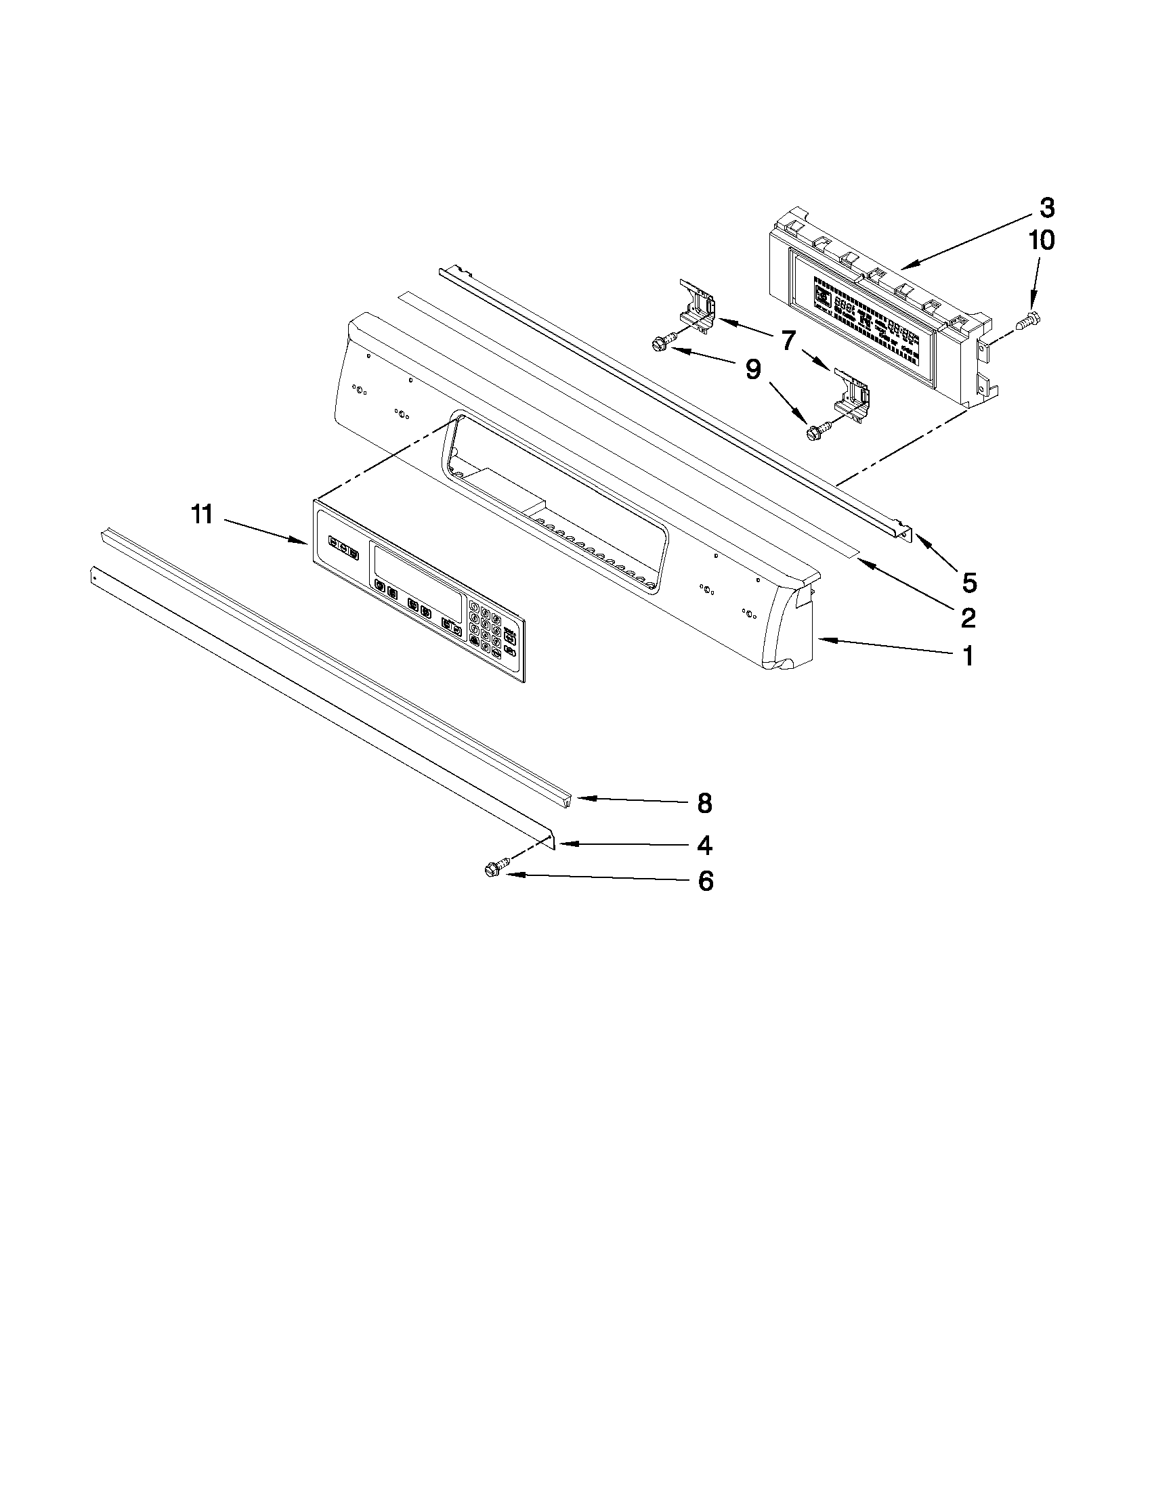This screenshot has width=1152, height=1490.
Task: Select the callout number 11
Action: coord(202,514)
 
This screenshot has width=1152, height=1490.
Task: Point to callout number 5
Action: coord(969,582)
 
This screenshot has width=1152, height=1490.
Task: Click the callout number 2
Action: coord(967,617)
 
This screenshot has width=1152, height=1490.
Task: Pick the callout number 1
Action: coord(968,656)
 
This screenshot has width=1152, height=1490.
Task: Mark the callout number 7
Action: coord(788,338)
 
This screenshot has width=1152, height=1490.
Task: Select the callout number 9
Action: coord(752,370)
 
